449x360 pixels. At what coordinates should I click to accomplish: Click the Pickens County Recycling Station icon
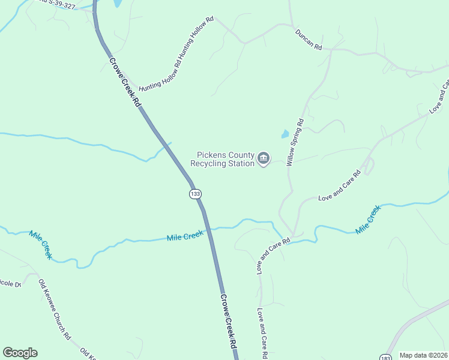click(x=264, y=158)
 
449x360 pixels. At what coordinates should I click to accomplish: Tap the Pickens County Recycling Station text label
click(x=221, y=159)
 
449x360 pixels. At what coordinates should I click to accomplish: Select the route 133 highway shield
click(x=194, y=194)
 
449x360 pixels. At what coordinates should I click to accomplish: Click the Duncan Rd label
click(x=309, y=39)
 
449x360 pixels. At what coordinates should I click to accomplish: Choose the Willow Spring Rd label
click(x=295, y=142)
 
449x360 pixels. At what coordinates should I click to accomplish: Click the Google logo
click(x=20, y=353)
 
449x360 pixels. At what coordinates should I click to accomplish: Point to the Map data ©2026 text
click(x=423, y=355)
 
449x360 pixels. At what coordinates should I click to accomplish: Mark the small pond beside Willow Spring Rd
click(x=285, y=134)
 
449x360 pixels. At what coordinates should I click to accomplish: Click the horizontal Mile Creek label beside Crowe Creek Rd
click(x=185, y=237)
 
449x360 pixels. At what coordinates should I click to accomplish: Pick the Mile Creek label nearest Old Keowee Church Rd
click(x=41, y=244)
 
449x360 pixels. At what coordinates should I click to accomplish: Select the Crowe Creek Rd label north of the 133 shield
click(x=124, y=82)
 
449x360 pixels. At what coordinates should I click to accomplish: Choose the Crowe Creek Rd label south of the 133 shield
click(x=228, y=321)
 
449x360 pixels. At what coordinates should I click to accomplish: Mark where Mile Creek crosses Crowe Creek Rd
click(x=208, y=229)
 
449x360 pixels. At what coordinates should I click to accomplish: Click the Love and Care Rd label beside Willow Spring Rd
click(x=339, y=186)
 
